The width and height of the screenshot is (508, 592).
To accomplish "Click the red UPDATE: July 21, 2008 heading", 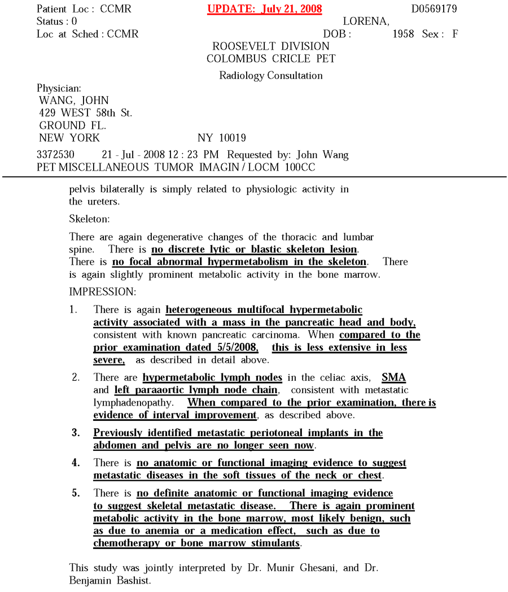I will pyautogui.click(x=265, y=9).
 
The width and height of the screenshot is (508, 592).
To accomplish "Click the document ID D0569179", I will pyautogui.click(x=433, y=9).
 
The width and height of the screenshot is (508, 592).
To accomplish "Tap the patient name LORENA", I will pyautogui.click(x=366, y=21).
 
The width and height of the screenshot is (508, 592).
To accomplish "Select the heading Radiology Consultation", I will pyautogui.click(x=271, y=76).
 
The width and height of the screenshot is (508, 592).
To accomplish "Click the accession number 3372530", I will pyautogui.click(x=55, y=155).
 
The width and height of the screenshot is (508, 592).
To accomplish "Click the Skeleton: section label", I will pyautogui.click(x=89, y=218).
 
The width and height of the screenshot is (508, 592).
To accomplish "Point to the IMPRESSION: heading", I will pyautogui.click(x=102, y=291).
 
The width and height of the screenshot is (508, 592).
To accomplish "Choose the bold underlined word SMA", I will pyautogui.click(x=393, y=377).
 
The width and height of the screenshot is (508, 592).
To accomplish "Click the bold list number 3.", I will pyautogui.click(x=75, y=433).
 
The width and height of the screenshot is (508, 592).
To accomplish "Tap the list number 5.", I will pyautogui.click(x=75, y=493).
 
